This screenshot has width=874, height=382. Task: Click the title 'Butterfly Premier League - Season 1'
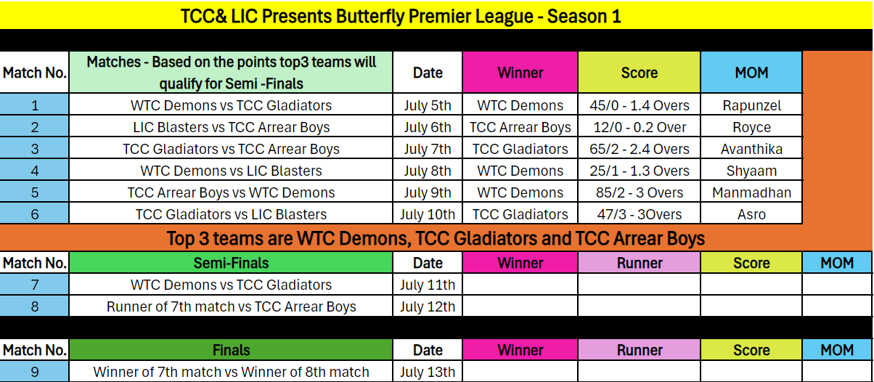[478, 17]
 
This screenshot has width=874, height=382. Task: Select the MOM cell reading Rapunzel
[751, 105]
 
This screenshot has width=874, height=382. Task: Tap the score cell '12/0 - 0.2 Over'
[640, 127]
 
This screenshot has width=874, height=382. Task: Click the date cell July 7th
[428, 149]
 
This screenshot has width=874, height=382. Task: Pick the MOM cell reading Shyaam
[751, 171]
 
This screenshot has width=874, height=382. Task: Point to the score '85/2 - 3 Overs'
[640, 192]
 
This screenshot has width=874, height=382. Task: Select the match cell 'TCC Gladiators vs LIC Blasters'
[231, 215]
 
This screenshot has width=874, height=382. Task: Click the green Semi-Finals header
[231, 263]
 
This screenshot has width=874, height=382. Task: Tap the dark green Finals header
[231, 350]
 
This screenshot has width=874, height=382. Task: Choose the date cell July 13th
[428, 372]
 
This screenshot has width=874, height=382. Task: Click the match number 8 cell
[34, 306]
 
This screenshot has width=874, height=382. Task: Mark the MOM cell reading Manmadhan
[751, 192]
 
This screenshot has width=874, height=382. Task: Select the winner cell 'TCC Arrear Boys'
[520, 127]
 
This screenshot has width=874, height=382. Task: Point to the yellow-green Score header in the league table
[640, 73]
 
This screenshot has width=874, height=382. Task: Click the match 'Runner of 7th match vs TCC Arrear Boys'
[231, 306]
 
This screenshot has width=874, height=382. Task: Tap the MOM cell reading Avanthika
[751, 149]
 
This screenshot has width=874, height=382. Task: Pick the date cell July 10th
[428, 215]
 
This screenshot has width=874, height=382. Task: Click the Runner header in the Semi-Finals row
[640, 263]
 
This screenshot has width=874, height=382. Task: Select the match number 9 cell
[34, 372]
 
